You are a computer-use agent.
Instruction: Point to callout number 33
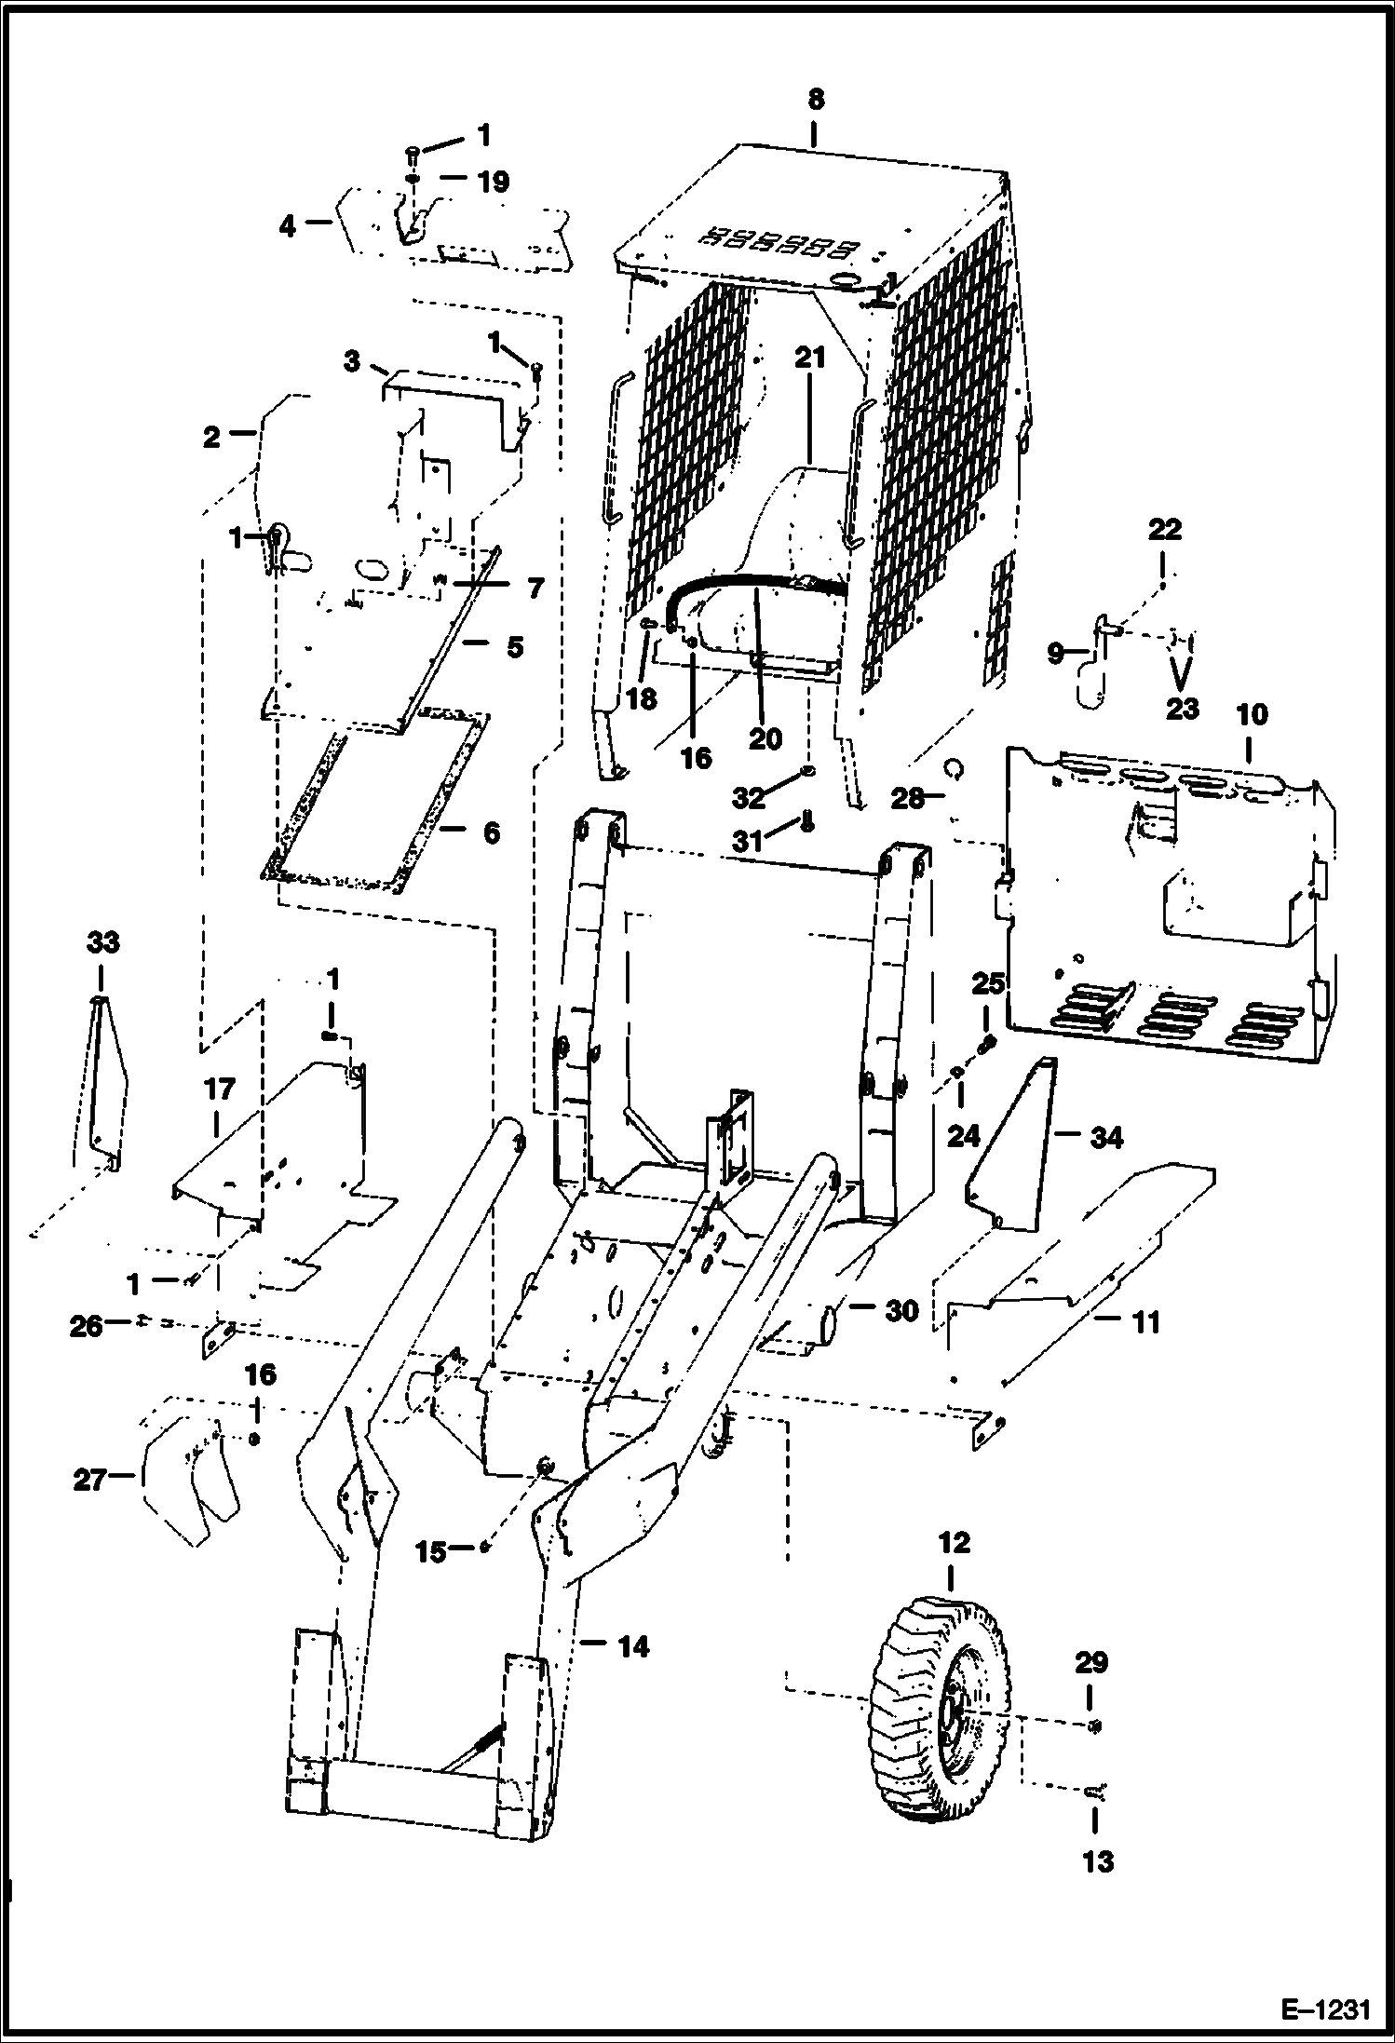click(102, 942)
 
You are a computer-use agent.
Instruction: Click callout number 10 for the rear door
click(1252, 715)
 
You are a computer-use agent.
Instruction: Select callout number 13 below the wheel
click(1098, 1861)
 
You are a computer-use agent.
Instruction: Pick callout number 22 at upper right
click(1164, 530)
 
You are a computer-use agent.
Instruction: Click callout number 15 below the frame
click(431, 1552)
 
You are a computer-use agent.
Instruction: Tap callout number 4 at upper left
click(288, 225)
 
